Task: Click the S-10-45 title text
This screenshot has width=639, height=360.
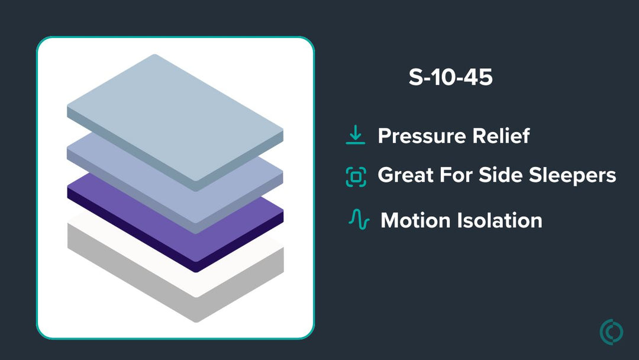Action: click(450, 77)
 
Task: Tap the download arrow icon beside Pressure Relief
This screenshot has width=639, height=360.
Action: click(356, 135)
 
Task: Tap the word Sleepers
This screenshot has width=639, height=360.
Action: click(572, 176)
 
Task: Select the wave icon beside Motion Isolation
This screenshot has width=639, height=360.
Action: click(359, 219)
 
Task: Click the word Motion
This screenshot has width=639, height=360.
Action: click(415, 221)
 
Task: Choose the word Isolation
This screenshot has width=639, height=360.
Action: click(499, 221)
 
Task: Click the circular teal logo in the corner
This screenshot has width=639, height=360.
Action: click(611, 332)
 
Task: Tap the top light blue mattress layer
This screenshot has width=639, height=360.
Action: click(175, 118)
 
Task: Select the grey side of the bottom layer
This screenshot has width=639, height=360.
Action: click(175, 285)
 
